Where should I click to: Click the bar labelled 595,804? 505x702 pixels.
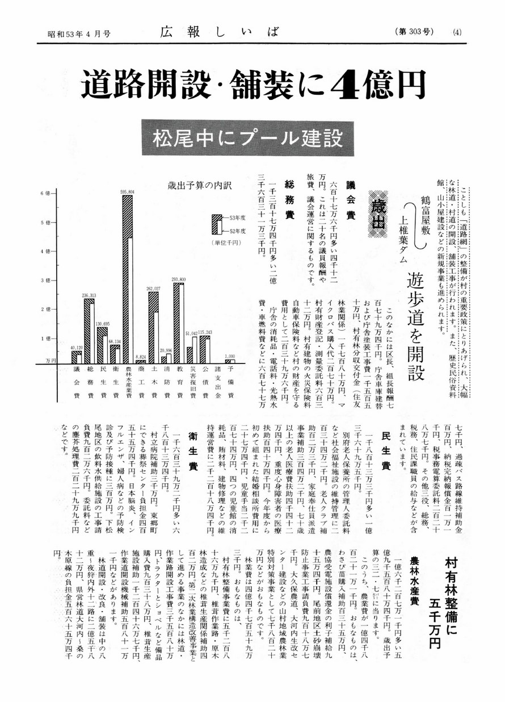pyautogui.click(x=129, y=278)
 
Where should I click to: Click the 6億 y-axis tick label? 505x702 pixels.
pyautogui.click(x=45, y=193)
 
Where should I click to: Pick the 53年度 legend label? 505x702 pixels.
pyautogui.click(x=237, y=218)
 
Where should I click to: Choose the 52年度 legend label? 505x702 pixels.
pyautogui.click(x=237, y=231)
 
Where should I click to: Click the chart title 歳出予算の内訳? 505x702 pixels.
pyautogui.click(x=192, y=186)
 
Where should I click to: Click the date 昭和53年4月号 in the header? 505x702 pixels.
pyautogui.click(x=79, y=34)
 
